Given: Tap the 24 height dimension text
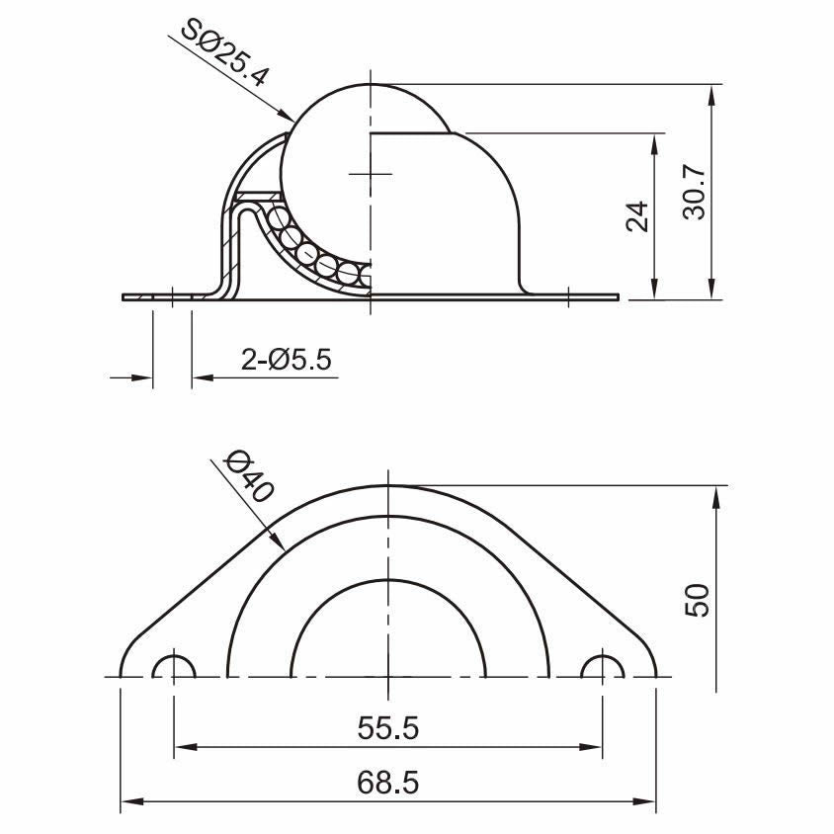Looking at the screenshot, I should [x=637, y=214].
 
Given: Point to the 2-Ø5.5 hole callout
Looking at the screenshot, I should [x=286, y=361].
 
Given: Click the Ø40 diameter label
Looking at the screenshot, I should [x=247, y=476].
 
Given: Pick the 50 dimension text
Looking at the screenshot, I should [x=698, y=600].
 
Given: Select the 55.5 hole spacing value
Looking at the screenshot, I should [x=387, y=728].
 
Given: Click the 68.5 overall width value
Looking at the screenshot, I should [x=387, y=783].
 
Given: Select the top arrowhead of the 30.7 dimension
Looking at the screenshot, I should [x=711, y=95].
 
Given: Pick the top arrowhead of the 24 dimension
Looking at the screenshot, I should [x=653, y=141].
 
